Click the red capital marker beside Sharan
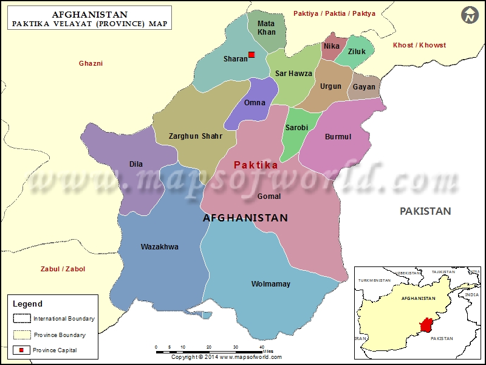(252, 55)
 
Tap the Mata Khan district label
(266, 28)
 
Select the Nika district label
(332, 46)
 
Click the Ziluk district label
(357, 52)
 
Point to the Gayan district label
(364, 87)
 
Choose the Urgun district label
(331, 86)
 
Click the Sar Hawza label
(293, 74)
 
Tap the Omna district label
(255, 103)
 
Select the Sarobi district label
(296, 128)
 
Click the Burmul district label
(338, 137)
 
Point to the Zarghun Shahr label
(195, 136)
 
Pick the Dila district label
(136, 164)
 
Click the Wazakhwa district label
(159, 247)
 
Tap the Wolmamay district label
(271, 284)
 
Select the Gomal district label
(269, 196)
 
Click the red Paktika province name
(256, 165)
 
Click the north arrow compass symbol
(469, 15)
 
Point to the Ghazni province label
(91, 63)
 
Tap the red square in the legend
(21, 350)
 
